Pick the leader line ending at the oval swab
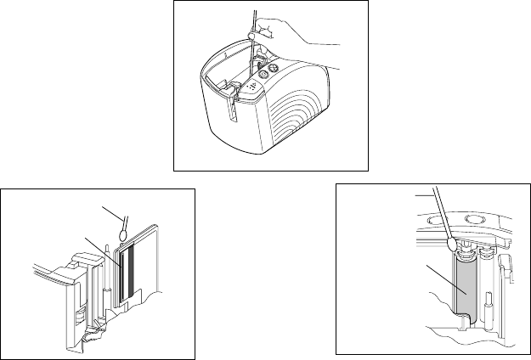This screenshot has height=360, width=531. (x=110, y=211)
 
